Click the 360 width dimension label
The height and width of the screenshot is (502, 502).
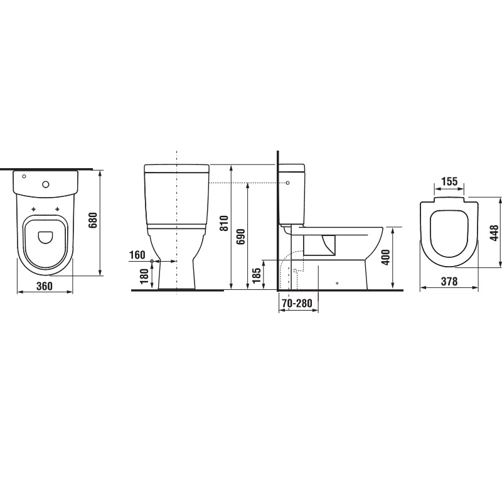[x=44, y=286]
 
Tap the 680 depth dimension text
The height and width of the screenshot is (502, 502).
[x=93, y=220]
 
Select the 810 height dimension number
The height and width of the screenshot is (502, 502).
[x=225, y=223]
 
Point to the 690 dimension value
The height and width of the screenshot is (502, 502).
[x=240, y=237]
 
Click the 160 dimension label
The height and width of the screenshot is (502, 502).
[x=137, y=255]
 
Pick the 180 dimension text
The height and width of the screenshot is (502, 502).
[x=144, y=277]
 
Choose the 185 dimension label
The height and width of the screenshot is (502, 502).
[x=257, y=275]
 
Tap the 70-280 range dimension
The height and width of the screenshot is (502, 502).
[x=297, y=303]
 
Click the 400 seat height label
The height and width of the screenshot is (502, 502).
[x=386, y=257]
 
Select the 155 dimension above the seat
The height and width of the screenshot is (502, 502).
[x=449, y=181]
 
